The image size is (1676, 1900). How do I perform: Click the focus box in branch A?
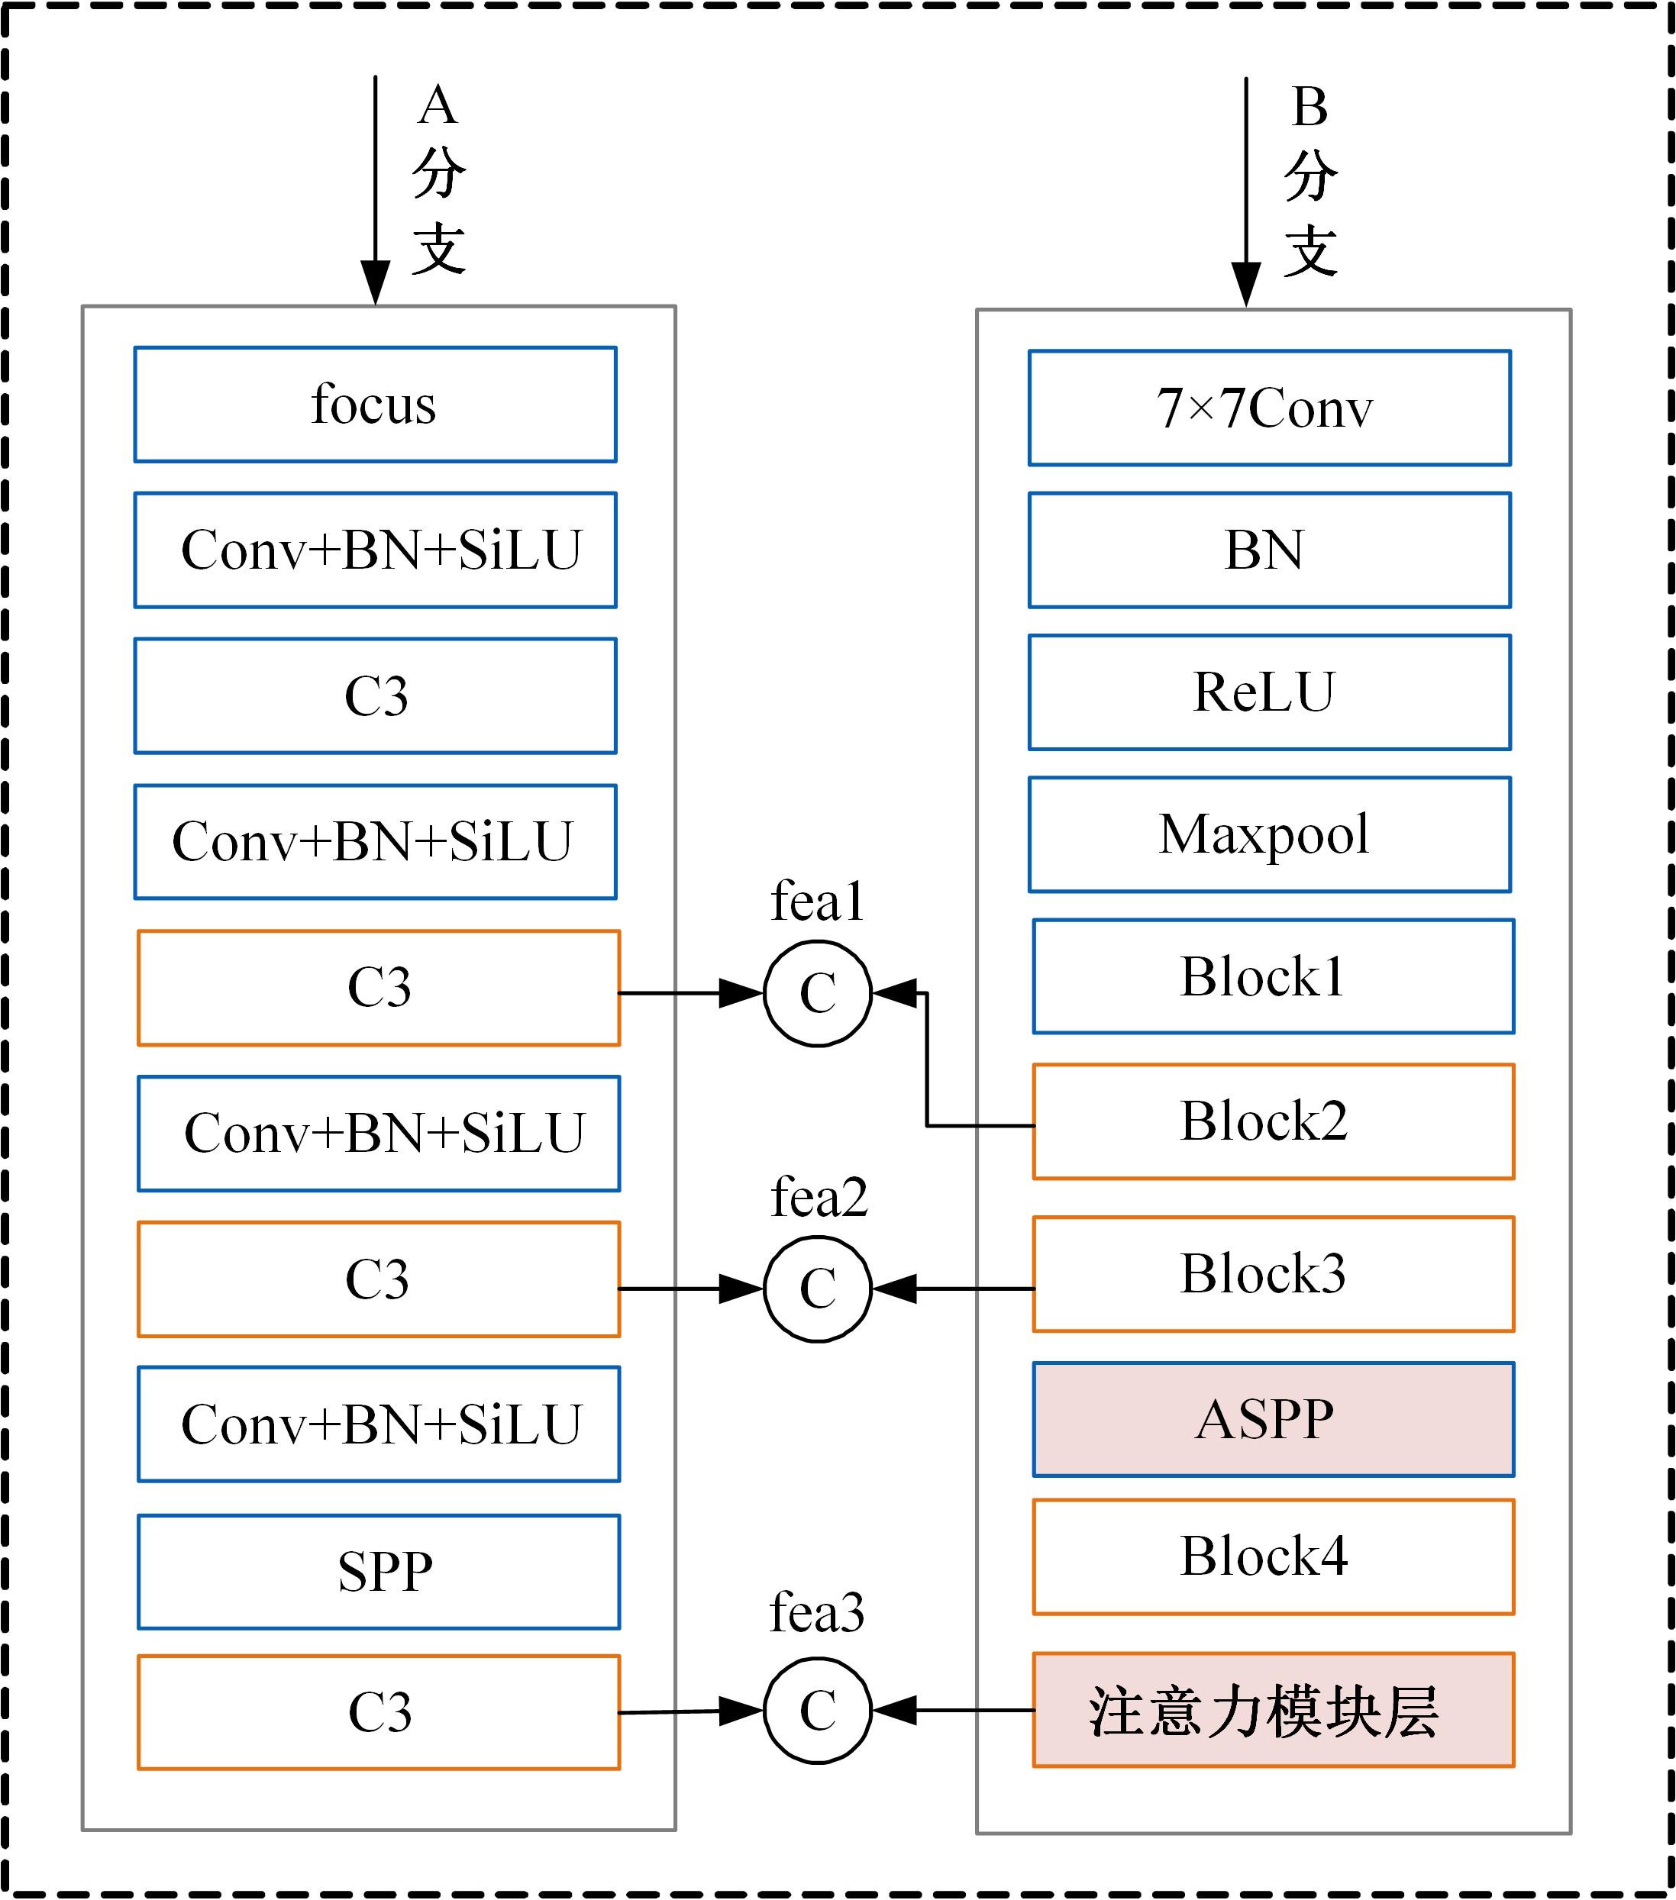pos(375,405)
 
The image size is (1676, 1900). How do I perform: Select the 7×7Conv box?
pos(1269,408)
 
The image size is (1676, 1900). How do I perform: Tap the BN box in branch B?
pos(1269,550)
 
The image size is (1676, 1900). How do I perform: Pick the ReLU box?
pos(1269,692)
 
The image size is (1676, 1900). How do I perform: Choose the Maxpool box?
pos(1269,835)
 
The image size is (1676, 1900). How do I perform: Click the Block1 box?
pos(1273,977)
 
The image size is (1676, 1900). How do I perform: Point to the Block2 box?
pos(1273,1122)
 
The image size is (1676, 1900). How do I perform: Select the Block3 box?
pos(1273,1274)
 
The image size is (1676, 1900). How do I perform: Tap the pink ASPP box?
pos(1273,1419)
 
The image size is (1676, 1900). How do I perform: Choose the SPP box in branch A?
pos(378,1572)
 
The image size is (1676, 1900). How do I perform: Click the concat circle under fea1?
pos(817,994)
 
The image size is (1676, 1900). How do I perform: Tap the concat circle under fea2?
pos(817,1289)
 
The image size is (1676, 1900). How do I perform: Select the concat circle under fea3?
pos(817,1711)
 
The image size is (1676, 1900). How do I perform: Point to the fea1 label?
pos(817,902)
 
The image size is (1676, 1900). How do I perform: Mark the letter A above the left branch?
pos(438,105)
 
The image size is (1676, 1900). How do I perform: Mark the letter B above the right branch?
pos(1309,108)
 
